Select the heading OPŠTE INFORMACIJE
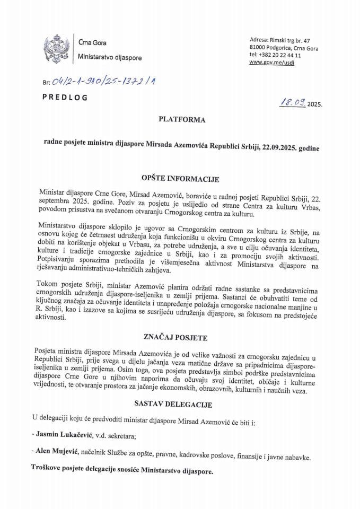point(179,179)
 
